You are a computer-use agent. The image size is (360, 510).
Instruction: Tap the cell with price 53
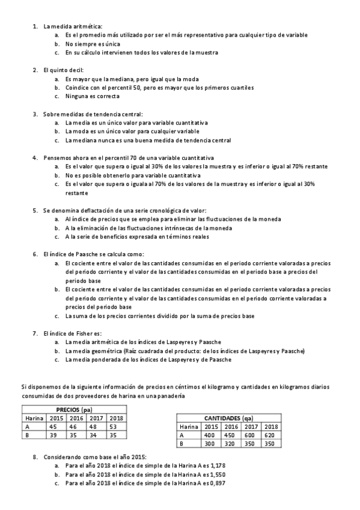(115, 426)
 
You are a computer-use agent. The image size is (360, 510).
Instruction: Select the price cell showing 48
(96, 426)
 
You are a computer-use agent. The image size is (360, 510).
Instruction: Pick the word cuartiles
(239, 87)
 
